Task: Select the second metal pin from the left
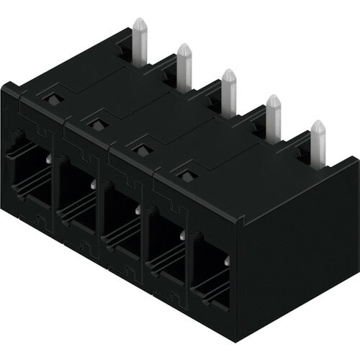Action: coord(184,68)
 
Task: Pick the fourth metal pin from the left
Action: coord(273,118)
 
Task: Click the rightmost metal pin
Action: coord(318,144)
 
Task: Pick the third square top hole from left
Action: coord(139,148)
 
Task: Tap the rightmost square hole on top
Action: coord(186,174)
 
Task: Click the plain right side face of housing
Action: coord(295,238)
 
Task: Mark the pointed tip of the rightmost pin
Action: coord(317,123)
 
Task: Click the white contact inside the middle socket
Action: coord(137,210)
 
